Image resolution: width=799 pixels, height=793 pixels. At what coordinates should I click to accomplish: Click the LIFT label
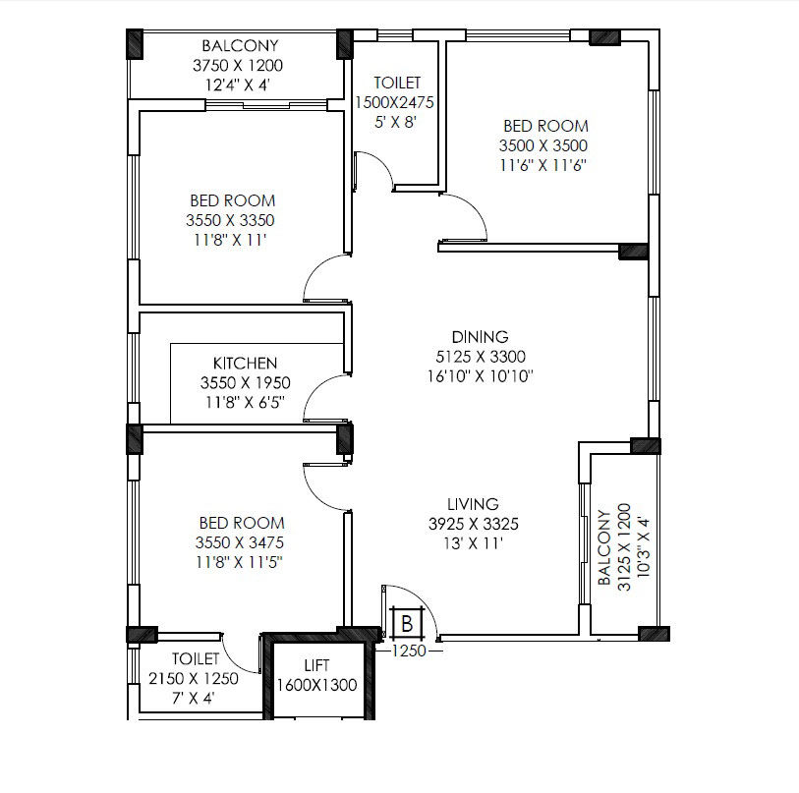pos(316,665)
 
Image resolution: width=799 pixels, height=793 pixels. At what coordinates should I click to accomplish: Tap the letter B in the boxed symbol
pos(407,623)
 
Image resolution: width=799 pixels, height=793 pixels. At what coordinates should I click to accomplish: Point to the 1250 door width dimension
pos(409,651)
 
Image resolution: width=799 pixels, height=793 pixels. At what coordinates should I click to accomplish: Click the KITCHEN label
pos(245,363)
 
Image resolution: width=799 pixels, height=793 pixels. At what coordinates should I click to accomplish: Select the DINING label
pos(480,336)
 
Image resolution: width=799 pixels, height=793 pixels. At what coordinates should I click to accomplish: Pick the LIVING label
pos(473,504)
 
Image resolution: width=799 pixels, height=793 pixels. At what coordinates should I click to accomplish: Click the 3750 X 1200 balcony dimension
pos(238,65)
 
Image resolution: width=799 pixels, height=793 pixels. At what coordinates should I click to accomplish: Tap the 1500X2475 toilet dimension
pos(394,102)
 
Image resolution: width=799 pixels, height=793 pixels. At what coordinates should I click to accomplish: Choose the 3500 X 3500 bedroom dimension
pos(543,145)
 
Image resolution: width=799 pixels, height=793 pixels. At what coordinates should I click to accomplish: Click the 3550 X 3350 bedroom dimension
pos(230,220)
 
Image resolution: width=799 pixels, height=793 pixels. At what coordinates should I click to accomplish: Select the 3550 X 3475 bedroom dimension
pos(240,542)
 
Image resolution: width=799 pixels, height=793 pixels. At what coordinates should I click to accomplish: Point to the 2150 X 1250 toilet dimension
pos(194,678)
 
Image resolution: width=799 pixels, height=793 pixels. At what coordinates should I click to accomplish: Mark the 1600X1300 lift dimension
pos(316,685)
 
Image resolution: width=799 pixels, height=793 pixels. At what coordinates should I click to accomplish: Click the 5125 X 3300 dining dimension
pos(481,357)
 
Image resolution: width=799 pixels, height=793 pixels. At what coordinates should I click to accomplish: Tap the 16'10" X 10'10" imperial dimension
pos(481,376)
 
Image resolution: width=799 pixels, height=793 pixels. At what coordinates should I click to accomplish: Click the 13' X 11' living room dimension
pos(474,543)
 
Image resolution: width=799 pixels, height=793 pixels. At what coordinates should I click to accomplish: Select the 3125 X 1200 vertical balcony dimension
pos(624,546)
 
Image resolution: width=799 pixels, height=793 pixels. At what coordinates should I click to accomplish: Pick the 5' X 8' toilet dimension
pos(396,122)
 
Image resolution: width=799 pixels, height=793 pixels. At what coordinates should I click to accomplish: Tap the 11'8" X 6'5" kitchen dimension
pos(245,403)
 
